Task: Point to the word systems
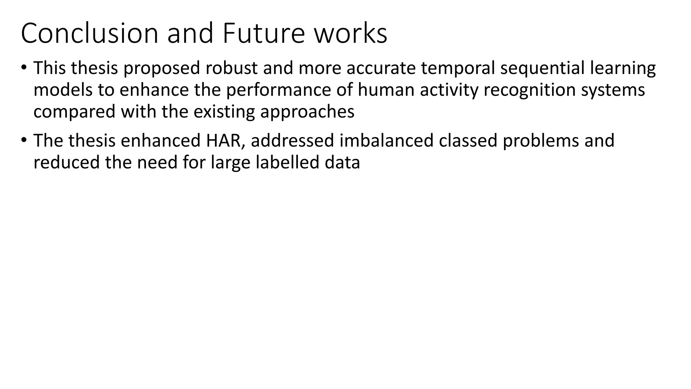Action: [x=613, y=90]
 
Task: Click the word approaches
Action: [x=307, y=112]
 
